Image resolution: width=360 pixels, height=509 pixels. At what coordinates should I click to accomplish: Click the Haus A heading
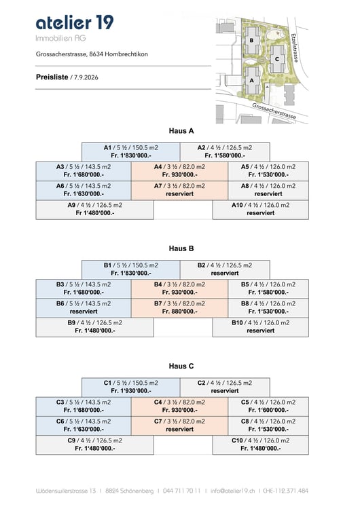pos(181,131)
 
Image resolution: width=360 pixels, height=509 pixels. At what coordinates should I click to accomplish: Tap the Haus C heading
pos(181,366)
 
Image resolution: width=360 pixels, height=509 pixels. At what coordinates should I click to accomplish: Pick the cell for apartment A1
pos(130,151)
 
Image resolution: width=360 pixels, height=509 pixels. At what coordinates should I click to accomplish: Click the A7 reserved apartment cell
pos(180,190)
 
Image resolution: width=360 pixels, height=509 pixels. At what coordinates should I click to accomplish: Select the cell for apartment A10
pos(261,210)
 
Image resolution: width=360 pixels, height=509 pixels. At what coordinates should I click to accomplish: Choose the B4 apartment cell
pos(180,288)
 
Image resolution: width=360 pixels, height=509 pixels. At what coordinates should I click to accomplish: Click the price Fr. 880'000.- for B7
pos(180,312)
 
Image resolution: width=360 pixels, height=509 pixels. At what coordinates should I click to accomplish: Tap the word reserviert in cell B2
pos(225,274)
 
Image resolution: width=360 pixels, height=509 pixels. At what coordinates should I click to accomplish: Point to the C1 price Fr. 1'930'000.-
pos(131,391)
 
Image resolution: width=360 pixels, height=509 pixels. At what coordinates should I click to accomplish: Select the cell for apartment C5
pos(268,406)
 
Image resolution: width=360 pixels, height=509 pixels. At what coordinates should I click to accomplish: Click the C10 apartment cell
pos(261,445)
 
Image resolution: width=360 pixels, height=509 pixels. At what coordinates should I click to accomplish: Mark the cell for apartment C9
pos(95,445)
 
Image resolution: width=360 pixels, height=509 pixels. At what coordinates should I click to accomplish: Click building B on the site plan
pos(252,41)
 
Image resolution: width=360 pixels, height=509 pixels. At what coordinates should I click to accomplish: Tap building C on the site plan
pos(277,59)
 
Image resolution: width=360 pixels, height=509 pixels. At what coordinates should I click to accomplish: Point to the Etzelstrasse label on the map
pos(295,48)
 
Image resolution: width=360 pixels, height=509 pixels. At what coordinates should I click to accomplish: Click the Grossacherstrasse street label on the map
pos(274,111)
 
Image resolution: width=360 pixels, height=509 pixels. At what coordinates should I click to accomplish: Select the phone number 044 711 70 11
pos(181,491)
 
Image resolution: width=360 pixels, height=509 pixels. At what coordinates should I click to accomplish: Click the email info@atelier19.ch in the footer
pos(232,491)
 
